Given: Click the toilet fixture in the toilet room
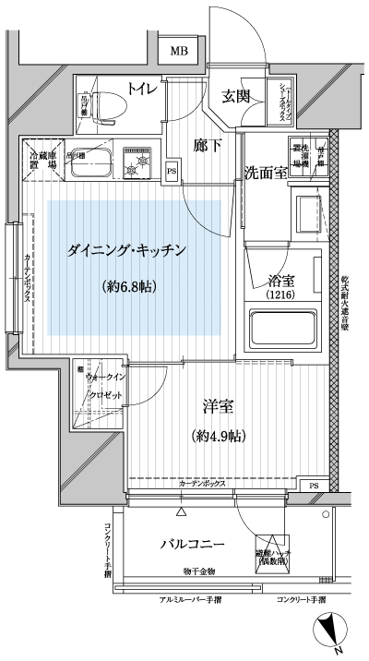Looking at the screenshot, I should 109,102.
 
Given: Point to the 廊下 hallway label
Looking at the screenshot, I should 207,144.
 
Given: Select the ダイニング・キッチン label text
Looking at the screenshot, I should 127,250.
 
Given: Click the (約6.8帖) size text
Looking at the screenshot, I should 128,286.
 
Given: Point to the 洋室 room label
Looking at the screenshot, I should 218,405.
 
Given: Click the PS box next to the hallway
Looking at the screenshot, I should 172,169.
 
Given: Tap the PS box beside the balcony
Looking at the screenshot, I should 315,487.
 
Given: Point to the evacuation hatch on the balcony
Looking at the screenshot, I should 270,552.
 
